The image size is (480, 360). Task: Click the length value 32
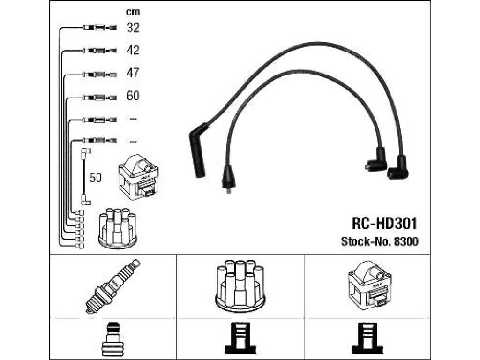coord(133,28)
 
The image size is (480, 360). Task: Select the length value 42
coord(133,50)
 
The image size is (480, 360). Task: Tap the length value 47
coord(133,73)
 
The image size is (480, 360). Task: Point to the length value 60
coord(133,96)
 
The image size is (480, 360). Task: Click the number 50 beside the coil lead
coord(96,178)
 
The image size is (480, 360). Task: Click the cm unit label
coord(133,12)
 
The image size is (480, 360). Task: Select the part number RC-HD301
coord(384,224)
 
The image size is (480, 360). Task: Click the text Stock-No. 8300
coord(380,241)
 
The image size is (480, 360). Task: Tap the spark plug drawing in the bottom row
coord(112,286)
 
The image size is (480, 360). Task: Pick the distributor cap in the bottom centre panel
coord(240,286)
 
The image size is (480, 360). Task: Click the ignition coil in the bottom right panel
coord(370,285)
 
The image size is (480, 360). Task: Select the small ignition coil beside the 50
coord(138,177)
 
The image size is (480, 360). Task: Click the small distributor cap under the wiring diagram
coord(118,228)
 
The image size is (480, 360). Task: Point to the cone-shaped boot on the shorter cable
coord(229,179)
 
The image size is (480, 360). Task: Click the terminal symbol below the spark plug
coord(113,339)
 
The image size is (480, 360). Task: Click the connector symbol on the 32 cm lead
coord(100,28)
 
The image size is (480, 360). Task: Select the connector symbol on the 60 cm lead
coord(100,97)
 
